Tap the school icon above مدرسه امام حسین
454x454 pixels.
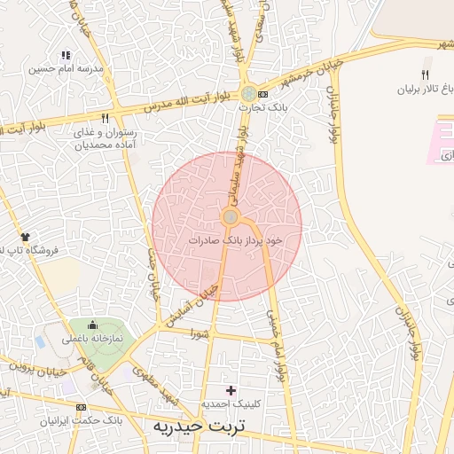[65, 55]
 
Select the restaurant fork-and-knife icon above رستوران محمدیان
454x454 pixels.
[105, 117]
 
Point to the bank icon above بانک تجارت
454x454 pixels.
[250, 93]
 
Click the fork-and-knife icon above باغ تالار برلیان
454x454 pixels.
[426, 74]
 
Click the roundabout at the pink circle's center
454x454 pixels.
[230, 217]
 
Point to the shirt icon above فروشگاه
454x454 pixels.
[25, 237]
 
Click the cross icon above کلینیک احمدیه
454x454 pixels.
[231, 390]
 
